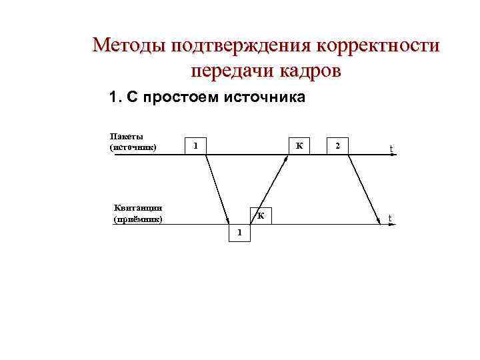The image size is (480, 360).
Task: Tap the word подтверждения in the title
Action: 241,45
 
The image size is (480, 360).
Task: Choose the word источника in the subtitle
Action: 266,98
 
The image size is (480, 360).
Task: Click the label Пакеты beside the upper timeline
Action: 127,137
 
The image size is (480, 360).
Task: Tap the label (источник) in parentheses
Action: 133,147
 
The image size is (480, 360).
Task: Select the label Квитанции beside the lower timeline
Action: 138,208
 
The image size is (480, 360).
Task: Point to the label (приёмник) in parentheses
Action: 138,218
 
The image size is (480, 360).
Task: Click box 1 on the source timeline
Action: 195,145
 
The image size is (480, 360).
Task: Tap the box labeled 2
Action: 339,145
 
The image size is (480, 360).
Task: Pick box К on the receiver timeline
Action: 261,215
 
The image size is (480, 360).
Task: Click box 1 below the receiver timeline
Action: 239,233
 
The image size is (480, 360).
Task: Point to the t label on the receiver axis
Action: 390,219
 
